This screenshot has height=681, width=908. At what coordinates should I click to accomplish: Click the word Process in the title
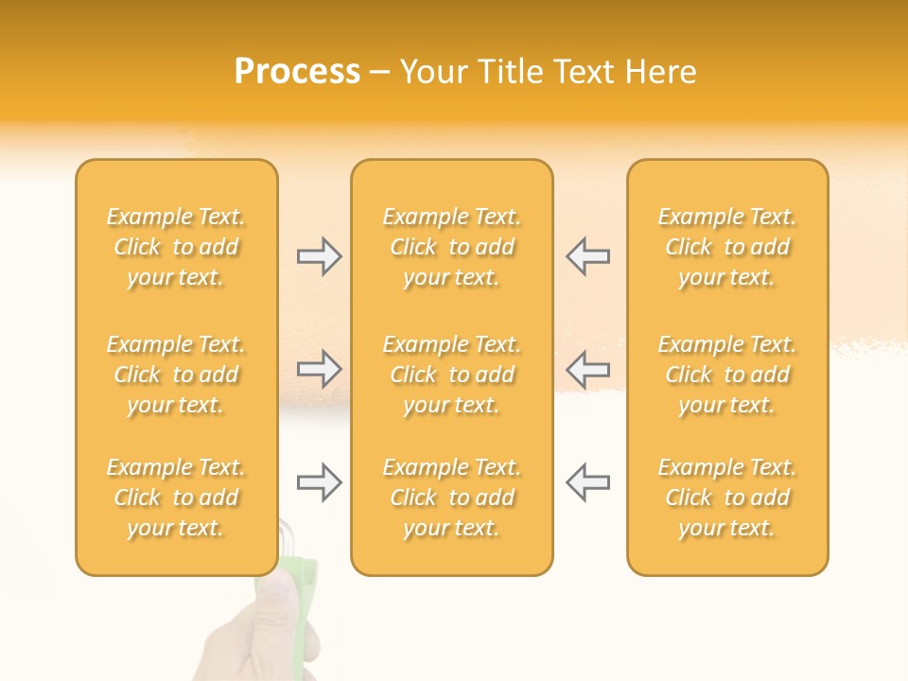tap(297, 72)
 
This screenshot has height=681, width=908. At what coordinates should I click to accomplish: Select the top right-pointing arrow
tap(320, 256)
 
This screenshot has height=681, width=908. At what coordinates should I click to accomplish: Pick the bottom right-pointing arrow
tap(320, 482)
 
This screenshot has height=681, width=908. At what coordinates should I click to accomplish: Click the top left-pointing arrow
tap(587, 256)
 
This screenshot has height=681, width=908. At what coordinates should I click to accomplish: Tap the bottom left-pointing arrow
tap(587, 482)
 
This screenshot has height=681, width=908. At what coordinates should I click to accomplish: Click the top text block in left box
tap(176, 247)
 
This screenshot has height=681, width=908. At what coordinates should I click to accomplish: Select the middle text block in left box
tap(176, 375)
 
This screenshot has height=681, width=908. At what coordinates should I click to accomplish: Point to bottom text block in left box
tap(176, 498)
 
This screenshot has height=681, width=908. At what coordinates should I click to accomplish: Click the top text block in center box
tap(452, 247)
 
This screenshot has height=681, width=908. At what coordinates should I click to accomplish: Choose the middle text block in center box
tap(452, 375)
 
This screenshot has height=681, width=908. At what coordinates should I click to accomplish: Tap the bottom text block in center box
tap(452, 498)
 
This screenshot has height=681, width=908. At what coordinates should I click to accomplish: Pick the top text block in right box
tap(727, 247)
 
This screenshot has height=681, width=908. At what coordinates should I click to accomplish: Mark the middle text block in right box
tap(727, 375)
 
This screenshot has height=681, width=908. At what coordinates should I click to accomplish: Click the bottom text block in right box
tap(727, 498)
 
